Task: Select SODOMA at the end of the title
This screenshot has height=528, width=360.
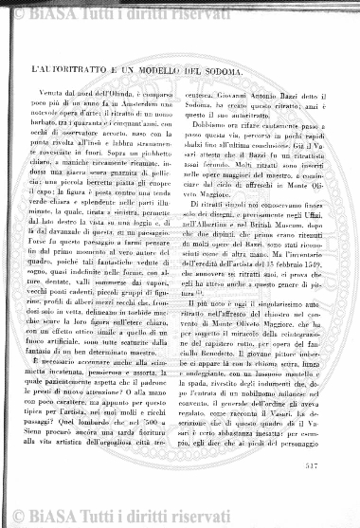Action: coord(261,72)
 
